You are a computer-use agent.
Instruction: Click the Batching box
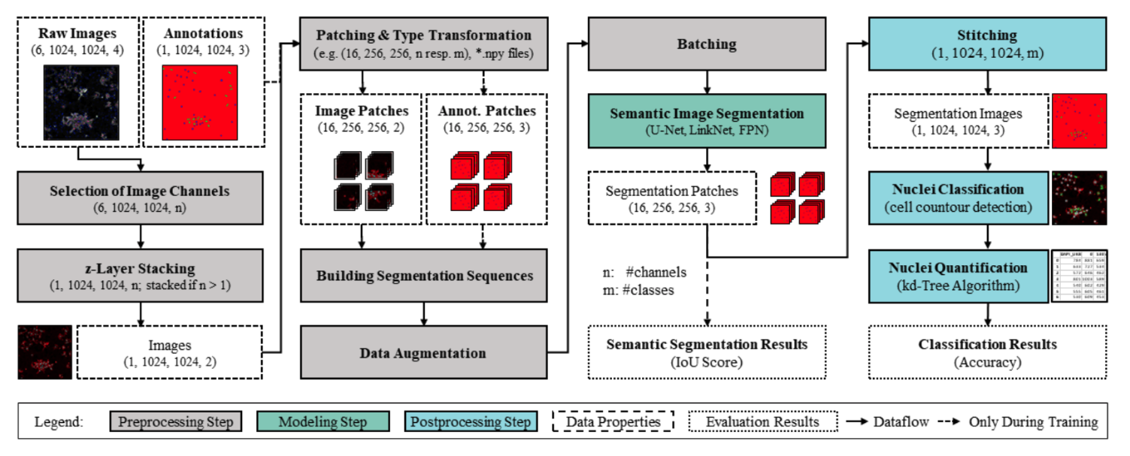tap(706, 44)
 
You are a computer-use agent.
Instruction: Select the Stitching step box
tap(987, 44)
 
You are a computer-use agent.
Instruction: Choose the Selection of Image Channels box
tap(140, 198)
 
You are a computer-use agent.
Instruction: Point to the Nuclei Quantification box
tap(957, 276)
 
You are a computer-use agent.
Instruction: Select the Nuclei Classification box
tap(957, 198)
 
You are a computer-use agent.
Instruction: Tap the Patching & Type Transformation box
tap(423, 44)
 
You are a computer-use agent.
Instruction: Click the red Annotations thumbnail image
tap(200, 101)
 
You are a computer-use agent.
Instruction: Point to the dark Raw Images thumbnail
tap(77, 101)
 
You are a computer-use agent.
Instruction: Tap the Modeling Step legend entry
tap(323, 421)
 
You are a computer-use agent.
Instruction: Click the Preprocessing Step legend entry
tap(176, 421)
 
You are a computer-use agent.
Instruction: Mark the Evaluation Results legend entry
tap(762, 421)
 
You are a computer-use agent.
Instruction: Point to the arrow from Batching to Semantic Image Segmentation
tap(706, 81)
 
